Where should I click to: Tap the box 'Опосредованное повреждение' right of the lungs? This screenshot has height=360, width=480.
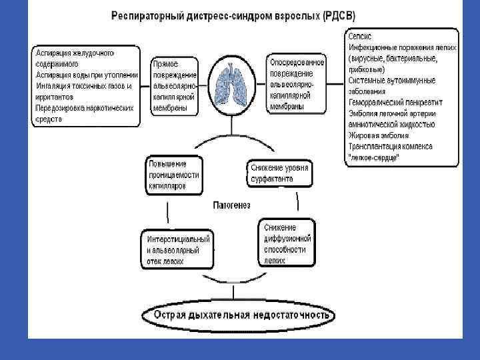click(x=297, y=84)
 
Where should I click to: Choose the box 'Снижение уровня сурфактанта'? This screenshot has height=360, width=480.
click(x=279, y=173)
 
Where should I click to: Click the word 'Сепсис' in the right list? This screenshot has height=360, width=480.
click(x=361, y=36)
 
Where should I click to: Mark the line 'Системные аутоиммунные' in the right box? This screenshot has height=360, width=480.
click(x=392, y=81)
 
